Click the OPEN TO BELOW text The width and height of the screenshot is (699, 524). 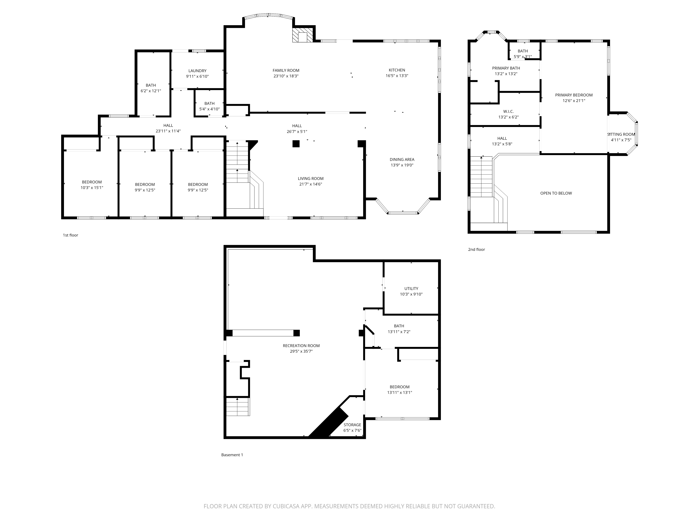coord(556,193)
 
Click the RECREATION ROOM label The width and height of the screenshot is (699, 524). coord(301,345)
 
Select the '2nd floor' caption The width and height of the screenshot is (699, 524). coord(476,250)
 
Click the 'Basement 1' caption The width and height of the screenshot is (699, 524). coord(232,455)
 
